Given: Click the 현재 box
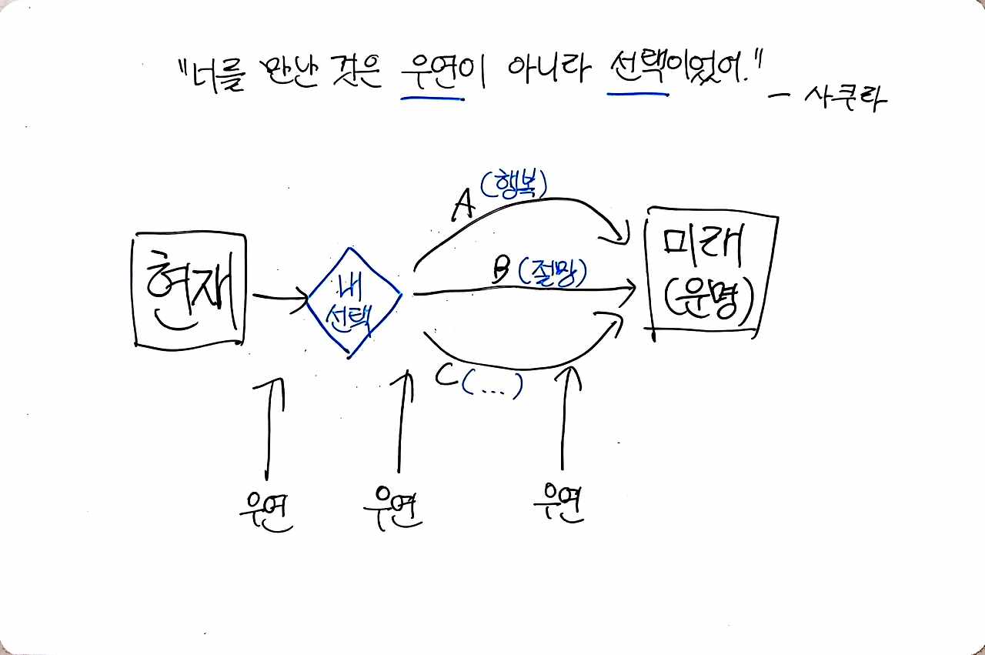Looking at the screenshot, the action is [189, 290].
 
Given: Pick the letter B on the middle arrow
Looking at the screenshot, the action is [501, 270].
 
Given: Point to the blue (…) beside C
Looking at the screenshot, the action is [492, 384].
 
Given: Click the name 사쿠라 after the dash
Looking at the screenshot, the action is [845, 99].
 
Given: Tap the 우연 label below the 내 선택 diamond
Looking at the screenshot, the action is [393, 508].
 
